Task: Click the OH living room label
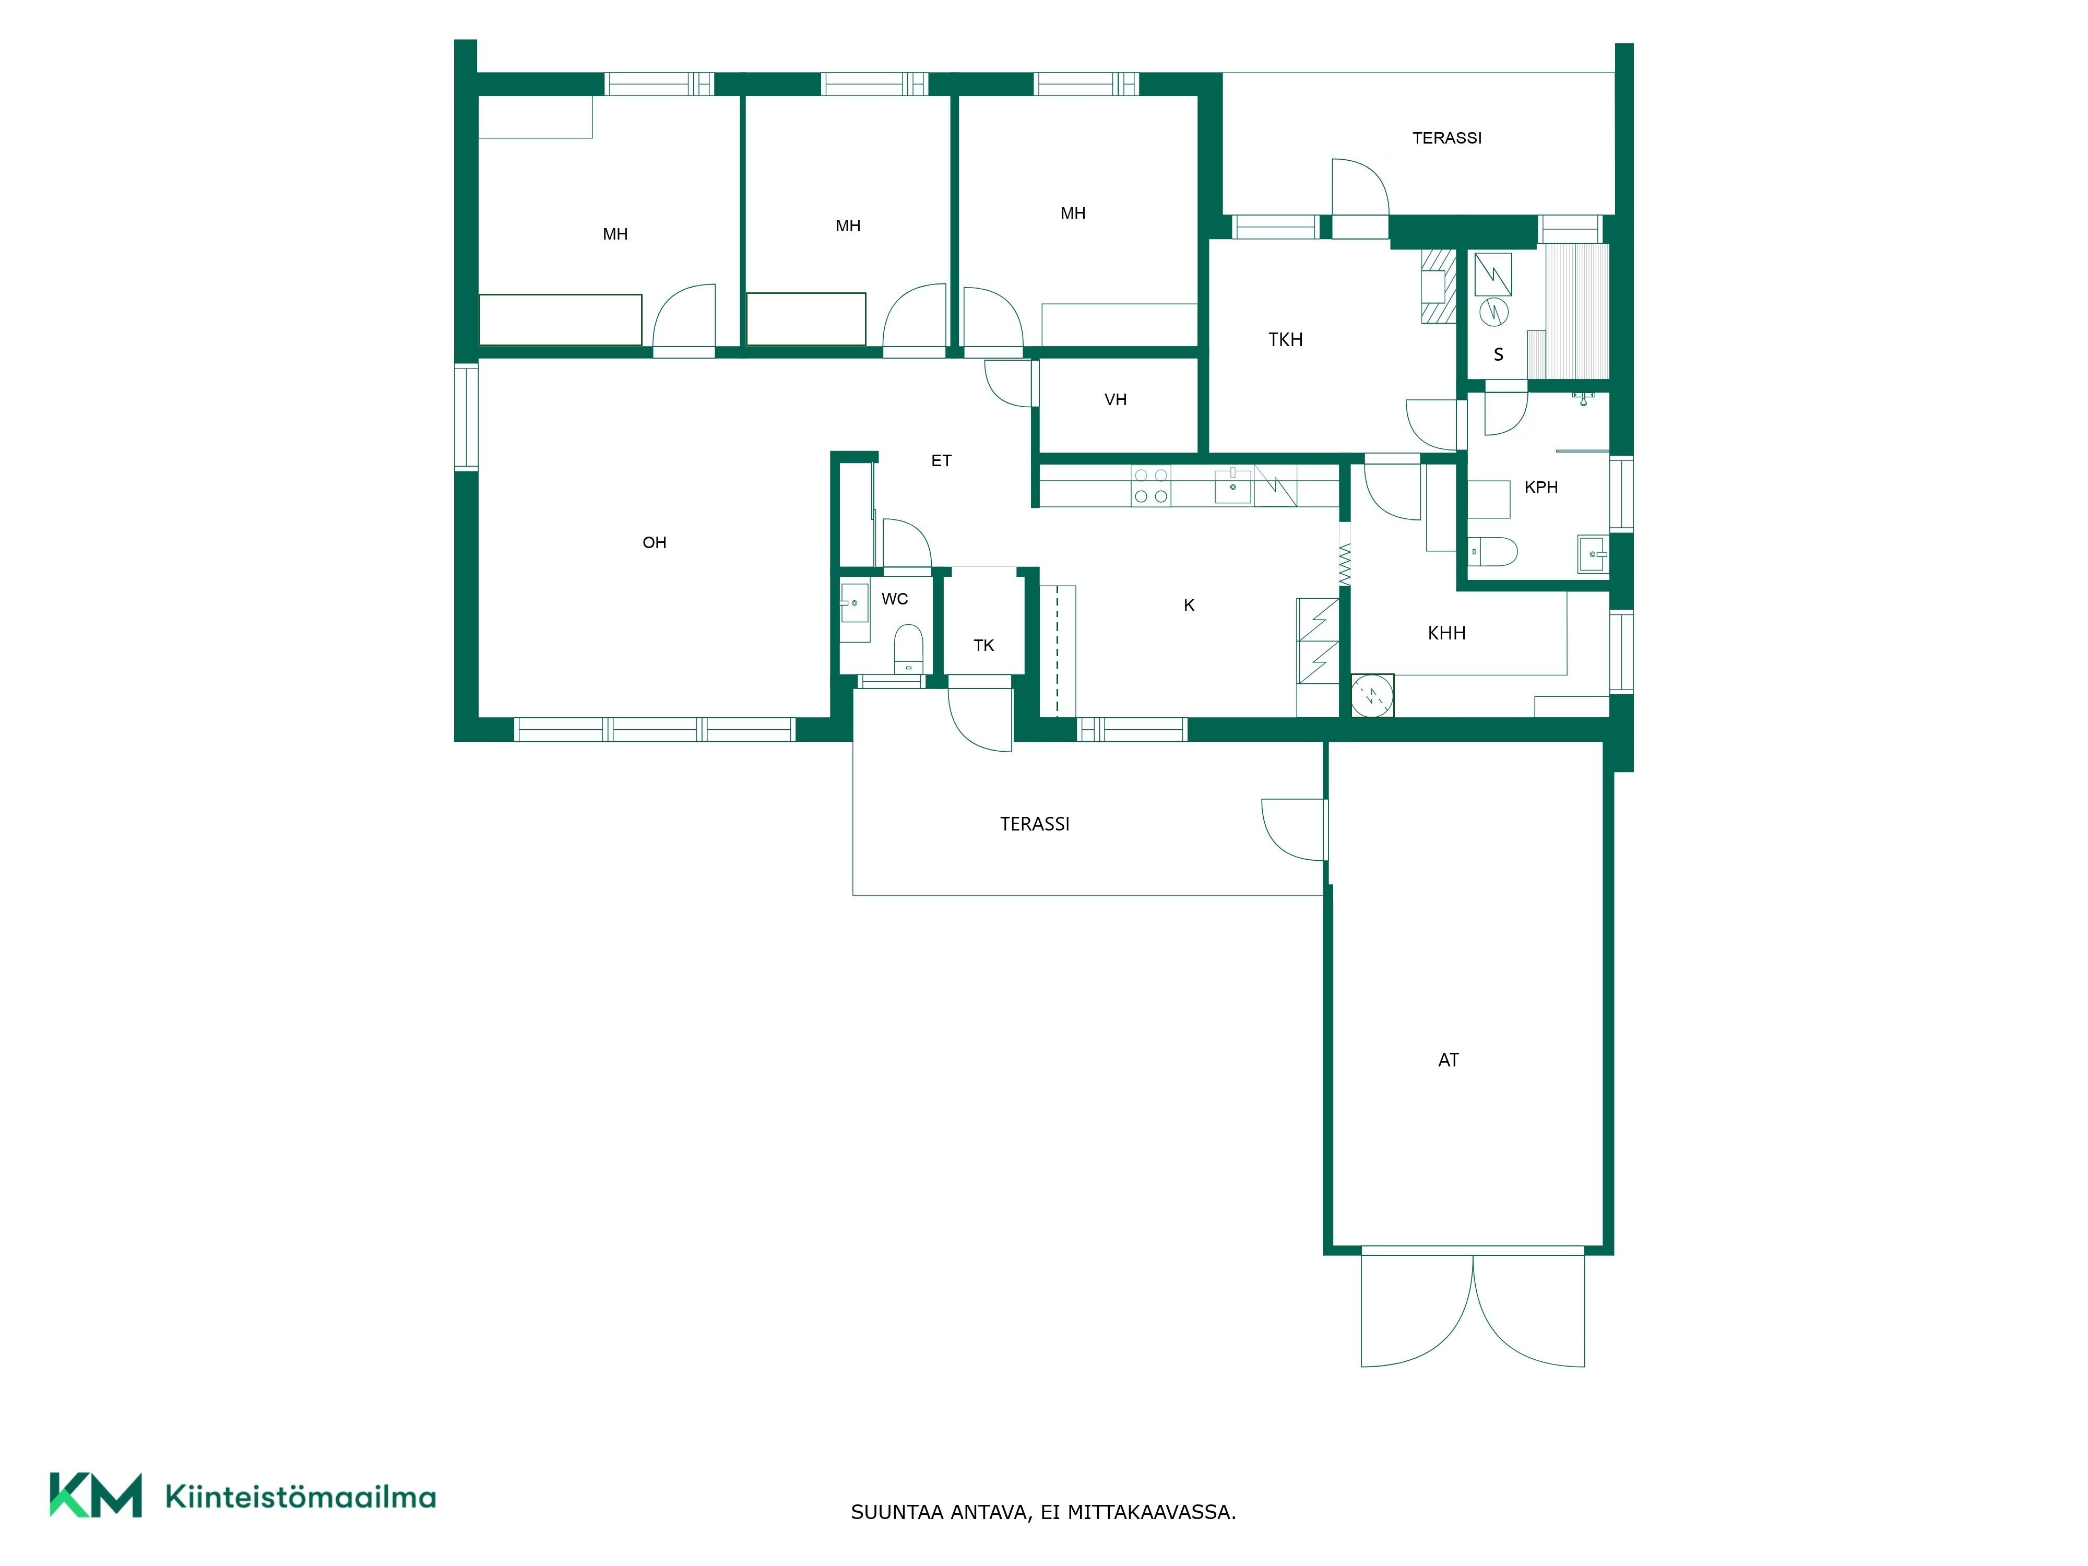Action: (x=654, y=543)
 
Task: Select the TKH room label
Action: (x=1286, y=340)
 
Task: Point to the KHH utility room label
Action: (x=1447, y=633)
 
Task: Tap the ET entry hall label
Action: (x=941, y=460)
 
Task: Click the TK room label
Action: (x=983, y=646)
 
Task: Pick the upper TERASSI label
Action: (x=1447, y=138)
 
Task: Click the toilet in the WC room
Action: (x=908, y=648)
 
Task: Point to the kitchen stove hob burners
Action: (x=1150, y=486)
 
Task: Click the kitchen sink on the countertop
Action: (x=1233, y=486)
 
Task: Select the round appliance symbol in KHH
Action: (x=1372, y=696)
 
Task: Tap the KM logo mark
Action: (x=96, y=1495)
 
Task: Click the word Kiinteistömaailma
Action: (x=300, y=1496)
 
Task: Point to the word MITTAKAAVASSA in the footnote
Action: (x=1150, y=1512)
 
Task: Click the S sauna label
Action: (x=1498, y=355)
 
